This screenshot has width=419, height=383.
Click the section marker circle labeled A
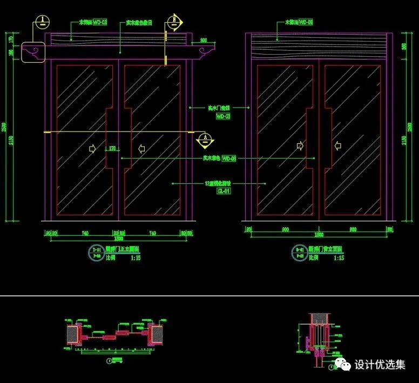(206, 138)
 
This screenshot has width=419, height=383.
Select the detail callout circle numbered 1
(42, 22)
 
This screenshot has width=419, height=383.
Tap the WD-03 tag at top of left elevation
(100, 23)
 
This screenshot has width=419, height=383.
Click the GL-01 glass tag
(224, 191)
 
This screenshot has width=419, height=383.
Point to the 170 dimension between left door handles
(112, 147)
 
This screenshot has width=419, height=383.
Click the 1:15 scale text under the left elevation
(135, 258)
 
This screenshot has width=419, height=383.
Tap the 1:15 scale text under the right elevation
(339, 258)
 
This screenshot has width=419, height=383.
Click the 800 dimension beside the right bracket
(204, 41)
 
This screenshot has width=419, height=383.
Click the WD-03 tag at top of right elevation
(306, 23)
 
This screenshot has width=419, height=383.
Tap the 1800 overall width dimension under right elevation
(319, 236)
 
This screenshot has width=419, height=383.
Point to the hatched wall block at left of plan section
(71, 335)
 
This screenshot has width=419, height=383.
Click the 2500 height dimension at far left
(4, 127)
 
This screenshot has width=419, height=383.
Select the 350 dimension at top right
(405, 47)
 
